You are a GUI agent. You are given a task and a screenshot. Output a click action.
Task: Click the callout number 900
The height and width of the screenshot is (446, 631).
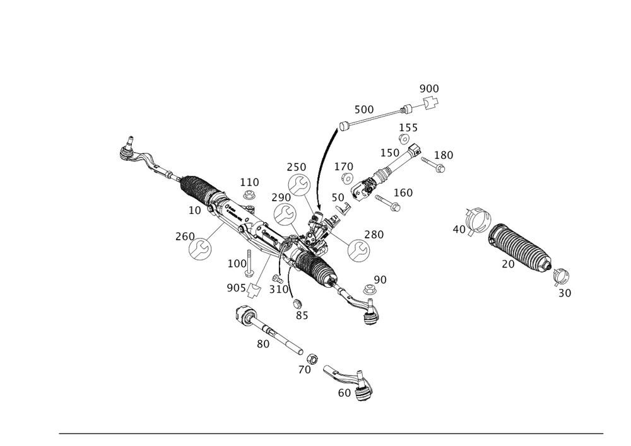pyautogui.click(x=429, y=88)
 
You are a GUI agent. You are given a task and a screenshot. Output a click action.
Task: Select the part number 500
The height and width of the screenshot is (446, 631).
pyautogui.click(x=363, y=109)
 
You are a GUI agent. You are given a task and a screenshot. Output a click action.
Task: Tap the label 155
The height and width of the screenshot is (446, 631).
pyautogui.click(x=408, y=128)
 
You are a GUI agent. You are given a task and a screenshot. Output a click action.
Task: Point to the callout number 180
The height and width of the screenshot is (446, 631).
pyautogui.click(x=444, y=155)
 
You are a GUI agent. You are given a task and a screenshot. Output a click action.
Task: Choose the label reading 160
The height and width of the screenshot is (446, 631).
pyautogui.click(x=403, y=192)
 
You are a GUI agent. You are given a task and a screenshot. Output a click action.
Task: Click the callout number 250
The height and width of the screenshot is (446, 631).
pyautogui.click(x=296, y=167)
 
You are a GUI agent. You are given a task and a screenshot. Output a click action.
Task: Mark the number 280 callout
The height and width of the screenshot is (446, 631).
pyautogui.click(x=374, y=235)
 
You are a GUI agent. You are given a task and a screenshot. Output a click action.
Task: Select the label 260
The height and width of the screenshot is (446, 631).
pyautogui.click(x=184, y=235)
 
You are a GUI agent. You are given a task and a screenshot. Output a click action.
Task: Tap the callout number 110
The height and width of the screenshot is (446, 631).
pyautogui.click(x=249, y=182)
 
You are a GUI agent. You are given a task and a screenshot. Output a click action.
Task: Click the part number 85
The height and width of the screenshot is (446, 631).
pyautogui.click(x=302, y=315)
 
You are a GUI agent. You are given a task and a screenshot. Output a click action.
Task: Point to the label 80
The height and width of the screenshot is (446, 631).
pyautogui.click(x=263, y=344)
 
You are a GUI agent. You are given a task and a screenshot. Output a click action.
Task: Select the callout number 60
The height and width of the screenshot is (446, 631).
pyautogui.click(x=344, y=392)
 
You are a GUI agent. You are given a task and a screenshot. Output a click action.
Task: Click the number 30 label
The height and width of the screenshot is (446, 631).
pyautogui.click(x=565, y=293)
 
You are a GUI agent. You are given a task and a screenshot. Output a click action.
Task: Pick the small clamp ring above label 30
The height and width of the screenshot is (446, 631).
pyautogui.click(x=561, y=276)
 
